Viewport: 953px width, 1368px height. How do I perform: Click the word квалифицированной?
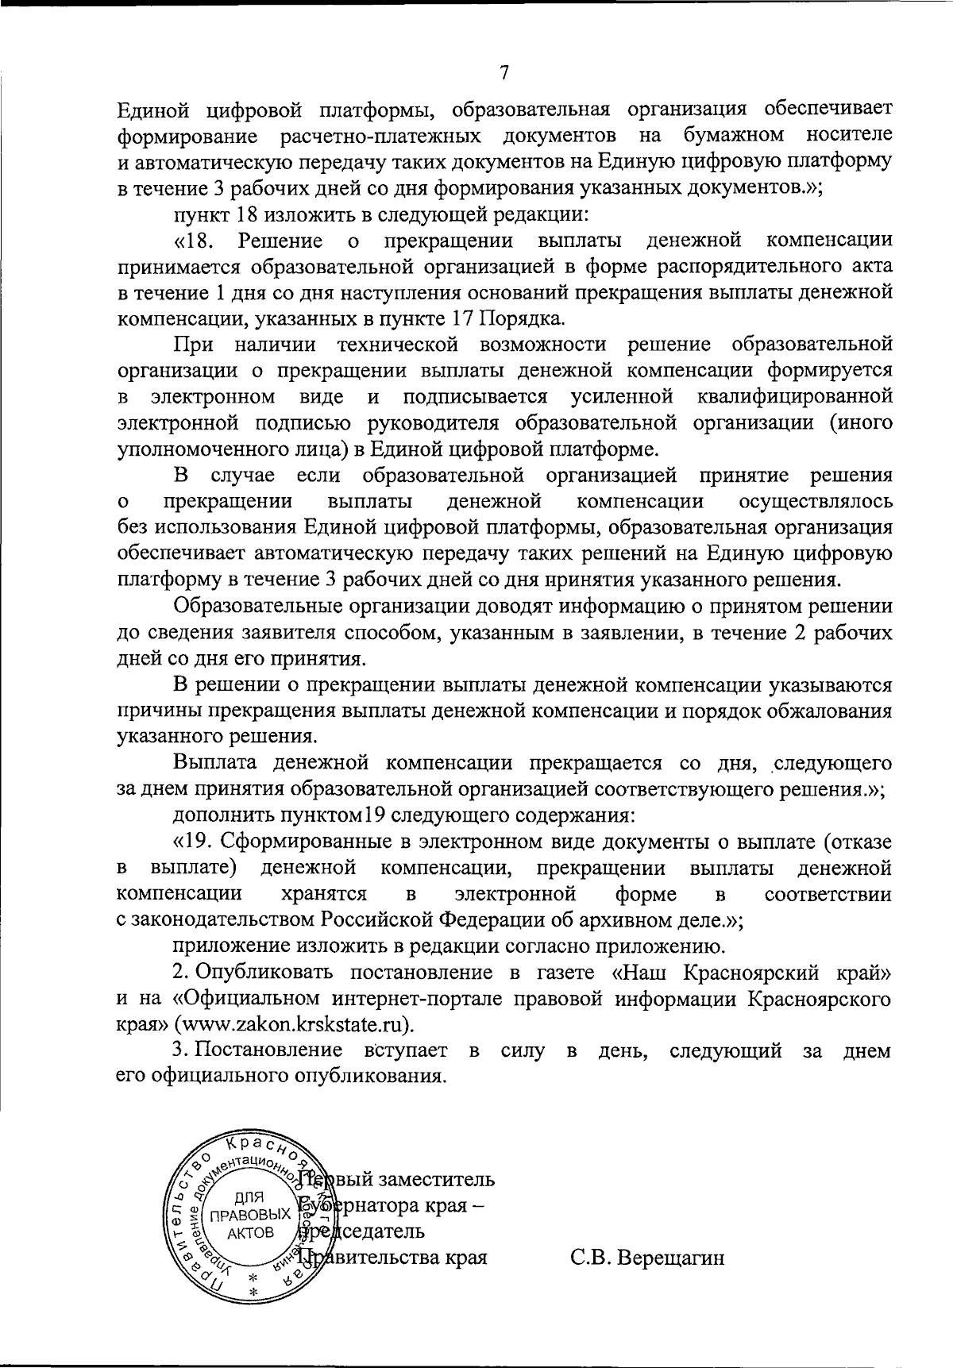[795, 396]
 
